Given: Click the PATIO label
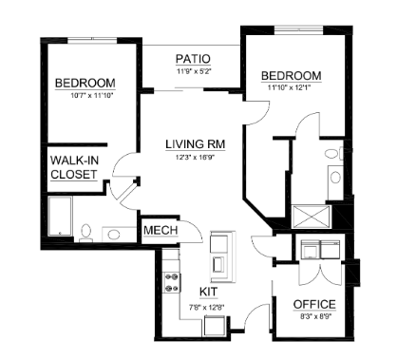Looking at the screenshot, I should tap(193, 59).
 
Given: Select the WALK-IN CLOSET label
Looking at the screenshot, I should tap(75, 167).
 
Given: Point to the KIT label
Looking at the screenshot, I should tap(208, 292).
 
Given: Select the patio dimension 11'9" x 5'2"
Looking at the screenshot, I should tap(193, 71).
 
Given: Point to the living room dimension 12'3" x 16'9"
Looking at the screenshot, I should tap(193, 157).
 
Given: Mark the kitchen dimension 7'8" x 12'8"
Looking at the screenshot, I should tap(209, 305).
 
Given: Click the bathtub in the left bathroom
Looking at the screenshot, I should tap(60, 218).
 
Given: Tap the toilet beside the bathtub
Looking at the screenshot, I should tap(85, 231).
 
